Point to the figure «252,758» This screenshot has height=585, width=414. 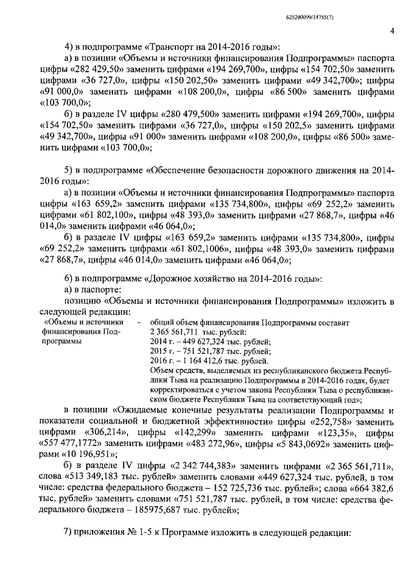click(x=328, y=420)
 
